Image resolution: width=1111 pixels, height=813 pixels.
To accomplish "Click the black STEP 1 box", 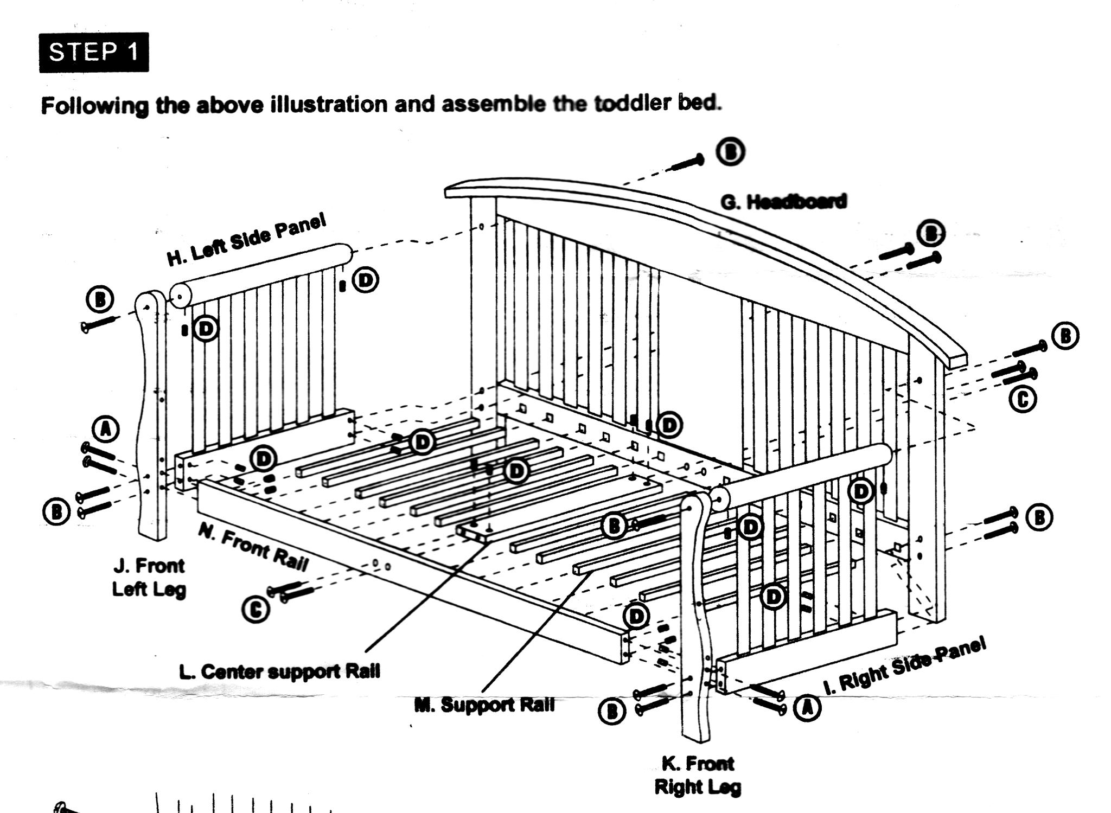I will pyautogui.click(x=93, y=53).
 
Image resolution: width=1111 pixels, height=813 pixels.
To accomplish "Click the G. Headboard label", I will pyautogui.click(x=783, y=202).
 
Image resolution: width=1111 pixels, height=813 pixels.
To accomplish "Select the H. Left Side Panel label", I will pyautogui.click(x=247, y=239).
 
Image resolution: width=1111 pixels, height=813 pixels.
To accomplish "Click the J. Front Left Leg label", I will pyautogui.click(x=149, y=577).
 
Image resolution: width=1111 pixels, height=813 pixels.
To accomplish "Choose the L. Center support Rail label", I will pyautogui.click(x=279, y=671).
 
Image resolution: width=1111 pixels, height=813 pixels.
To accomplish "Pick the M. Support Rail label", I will pyautogui.click(x=484, y=705).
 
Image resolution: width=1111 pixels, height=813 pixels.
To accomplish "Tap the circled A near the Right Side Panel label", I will pyautogui.click(x=807, y=707).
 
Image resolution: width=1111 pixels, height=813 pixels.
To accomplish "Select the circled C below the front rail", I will pyautogui.click(x=256, y=609).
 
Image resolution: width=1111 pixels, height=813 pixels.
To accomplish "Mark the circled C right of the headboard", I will pyautogui.click(x=1023, y=400).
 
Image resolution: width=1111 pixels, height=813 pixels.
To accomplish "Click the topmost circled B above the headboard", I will pyautogui.click(x=730, y=152).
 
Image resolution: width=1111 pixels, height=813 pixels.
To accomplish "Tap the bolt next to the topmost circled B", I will pyautogui.click(x=687, y=162).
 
